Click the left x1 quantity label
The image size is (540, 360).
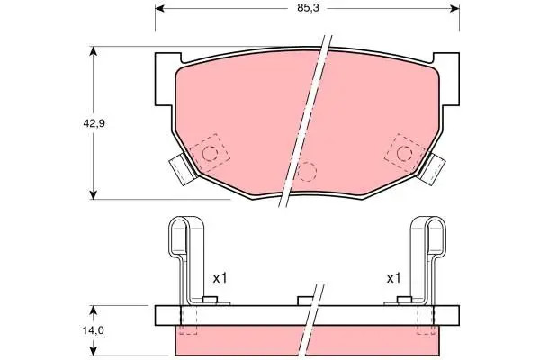coord(219,279)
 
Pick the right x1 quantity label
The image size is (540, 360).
coord(392,279)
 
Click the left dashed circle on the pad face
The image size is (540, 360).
coord(211,153)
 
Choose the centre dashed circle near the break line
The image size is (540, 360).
coord(307,172)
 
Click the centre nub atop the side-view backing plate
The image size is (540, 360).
coord(304,301)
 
